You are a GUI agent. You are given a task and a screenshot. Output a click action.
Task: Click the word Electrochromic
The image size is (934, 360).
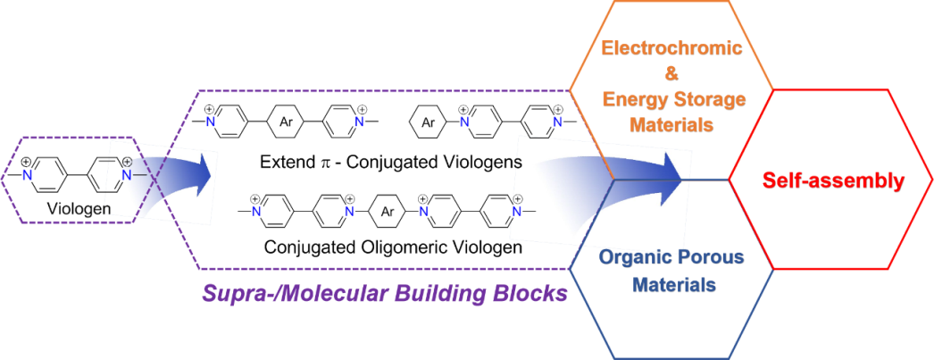[x=671, y=47]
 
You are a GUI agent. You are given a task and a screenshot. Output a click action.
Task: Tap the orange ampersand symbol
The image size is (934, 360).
[x=672, y=73]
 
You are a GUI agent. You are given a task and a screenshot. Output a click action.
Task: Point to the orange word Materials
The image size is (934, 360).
[x=671, y=124]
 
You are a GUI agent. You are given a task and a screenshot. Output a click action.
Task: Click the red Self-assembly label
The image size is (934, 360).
[x=833, y=180]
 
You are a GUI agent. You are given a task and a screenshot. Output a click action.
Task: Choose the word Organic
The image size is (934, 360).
[x=630, y=258]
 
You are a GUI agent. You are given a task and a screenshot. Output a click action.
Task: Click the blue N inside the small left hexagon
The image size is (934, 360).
[x=28, y=176]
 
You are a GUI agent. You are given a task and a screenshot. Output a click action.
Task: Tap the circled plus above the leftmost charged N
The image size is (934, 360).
[x=139, y=162]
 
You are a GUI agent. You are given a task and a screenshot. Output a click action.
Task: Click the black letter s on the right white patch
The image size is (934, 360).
[x=518, y=164]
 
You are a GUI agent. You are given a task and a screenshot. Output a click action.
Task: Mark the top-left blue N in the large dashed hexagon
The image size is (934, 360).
[x=211, y=121]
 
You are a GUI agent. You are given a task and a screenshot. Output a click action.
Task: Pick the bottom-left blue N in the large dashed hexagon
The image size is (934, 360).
[x=255, y=212]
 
